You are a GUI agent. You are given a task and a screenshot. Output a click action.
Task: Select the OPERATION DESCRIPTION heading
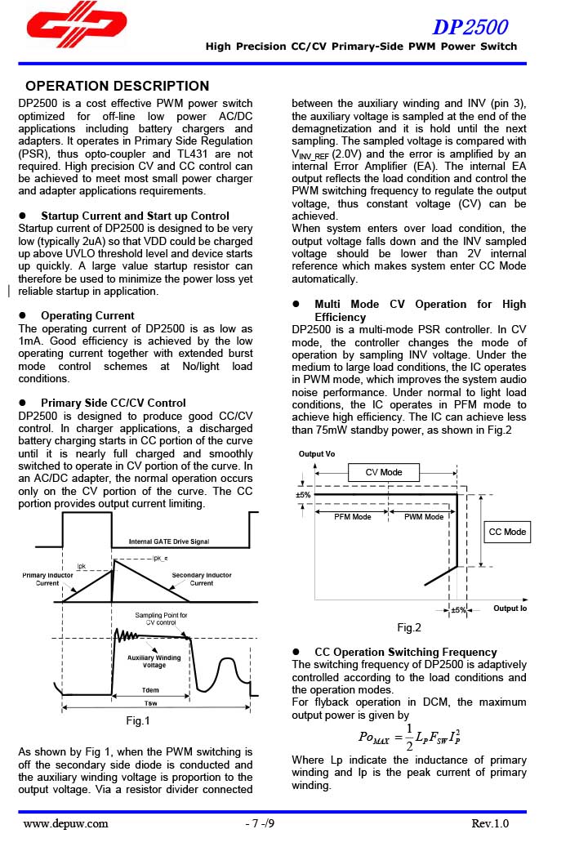pyautogui.click(x=118, y=86)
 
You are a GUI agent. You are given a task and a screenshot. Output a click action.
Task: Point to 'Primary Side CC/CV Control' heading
pyautogui.click(x=113, y=403)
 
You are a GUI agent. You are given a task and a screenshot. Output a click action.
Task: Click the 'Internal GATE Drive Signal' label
pyautogui.click(x=169, y=542)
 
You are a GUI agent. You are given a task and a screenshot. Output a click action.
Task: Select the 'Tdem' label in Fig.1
pyautogui.click(x=149, y=689)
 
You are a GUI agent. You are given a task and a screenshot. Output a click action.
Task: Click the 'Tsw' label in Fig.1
pyautogui.click(x=151, y=703)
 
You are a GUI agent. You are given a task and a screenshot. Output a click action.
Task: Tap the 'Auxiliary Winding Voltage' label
pyautogui.click(x=154, y=662)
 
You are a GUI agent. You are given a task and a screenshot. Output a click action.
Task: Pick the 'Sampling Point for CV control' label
pyautogui.click(x=161, y=618)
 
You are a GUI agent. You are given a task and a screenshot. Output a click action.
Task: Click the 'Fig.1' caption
pyautogui.click(x=138, y=720)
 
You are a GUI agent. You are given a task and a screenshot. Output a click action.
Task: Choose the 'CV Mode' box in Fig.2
pyautogui.click(x=384, y=472)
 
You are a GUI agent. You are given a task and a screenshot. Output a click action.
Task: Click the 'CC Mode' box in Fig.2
pyautogui.click(x=507, y=532)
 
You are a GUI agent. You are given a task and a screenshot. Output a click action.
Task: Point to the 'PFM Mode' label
pyautogui.click(x=353, y=517)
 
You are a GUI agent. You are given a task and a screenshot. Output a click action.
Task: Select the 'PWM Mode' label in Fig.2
pyautogui.click(x=424, y=517)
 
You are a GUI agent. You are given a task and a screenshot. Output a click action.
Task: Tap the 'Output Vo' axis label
pyautogui.click(x=317, y=454)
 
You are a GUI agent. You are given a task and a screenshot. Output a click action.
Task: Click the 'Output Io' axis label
pyautogui.click(x=510, y=609)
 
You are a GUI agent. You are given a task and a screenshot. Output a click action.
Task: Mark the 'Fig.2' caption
pyautogui.click(x=409, y=627)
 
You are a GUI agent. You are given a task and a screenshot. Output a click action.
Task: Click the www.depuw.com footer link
pyautogui.click(x=65, y=823)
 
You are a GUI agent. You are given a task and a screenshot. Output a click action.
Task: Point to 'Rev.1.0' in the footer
pyautogui.click(x=490, y=823)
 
